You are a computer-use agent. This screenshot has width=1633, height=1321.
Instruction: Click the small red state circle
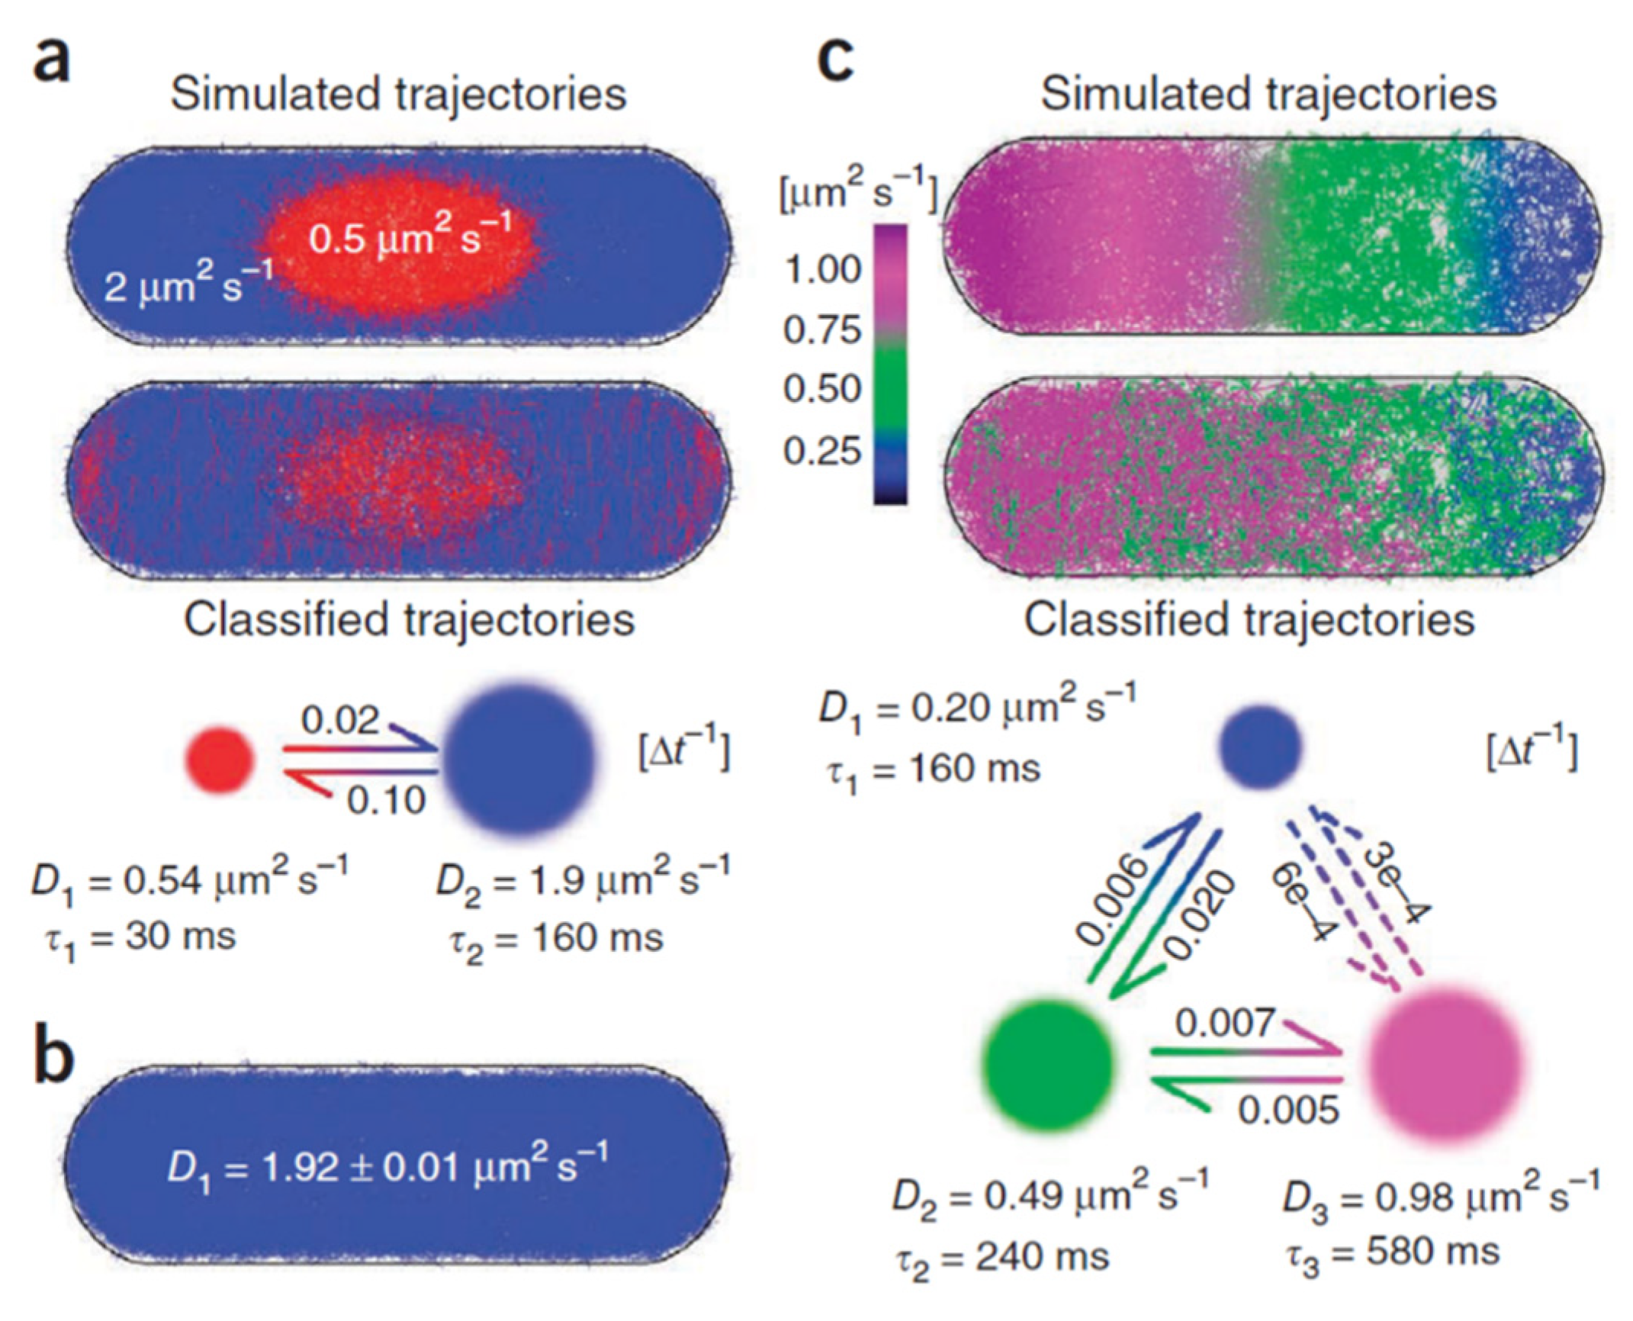(220, 759)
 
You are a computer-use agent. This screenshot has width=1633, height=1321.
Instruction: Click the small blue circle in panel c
(1260, 746)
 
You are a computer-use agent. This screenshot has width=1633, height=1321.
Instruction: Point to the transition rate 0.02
(339, 719)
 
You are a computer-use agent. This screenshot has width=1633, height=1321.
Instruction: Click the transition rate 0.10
(387, 800)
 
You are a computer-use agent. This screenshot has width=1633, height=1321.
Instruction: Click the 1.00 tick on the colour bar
(823, 269)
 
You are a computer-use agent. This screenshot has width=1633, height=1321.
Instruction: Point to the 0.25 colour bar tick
(823, 452)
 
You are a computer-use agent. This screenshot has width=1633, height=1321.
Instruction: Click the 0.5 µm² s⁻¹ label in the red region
(410, 236)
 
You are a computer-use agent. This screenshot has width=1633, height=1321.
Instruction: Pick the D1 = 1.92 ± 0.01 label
(387, 1168)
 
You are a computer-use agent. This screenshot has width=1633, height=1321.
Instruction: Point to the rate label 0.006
(1111, 899)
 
